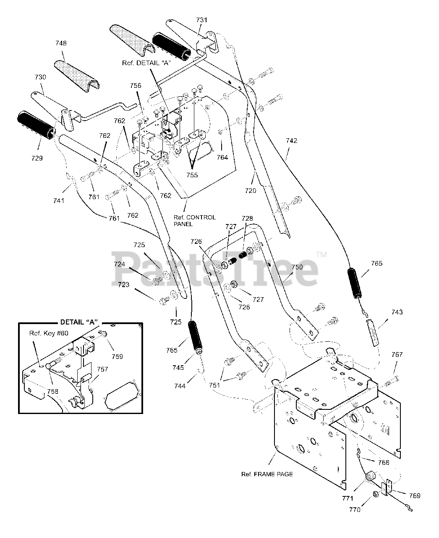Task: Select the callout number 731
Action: tap(202, 20)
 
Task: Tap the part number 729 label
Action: tap(37, 158)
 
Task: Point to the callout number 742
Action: tap(291, 141)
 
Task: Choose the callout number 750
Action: tap(297, 267)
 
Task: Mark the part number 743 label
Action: tap(397, 312)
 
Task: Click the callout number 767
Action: tap(397, 354)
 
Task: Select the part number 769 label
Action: tap(414, 496)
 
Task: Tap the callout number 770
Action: tap(355, 510)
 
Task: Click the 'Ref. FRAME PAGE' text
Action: tap(267, 474)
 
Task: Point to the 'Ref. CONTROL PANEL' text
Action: tap(195, 221)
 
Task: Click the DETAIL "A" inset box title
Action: tap(79, 322)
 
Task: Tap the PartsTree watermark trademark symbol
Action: tap(321, 254)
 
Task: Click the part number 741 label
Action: tap(59, 200)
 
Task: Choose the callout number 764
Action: tap(222, 158)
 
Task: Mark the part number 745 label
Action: tap(178, 367)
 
